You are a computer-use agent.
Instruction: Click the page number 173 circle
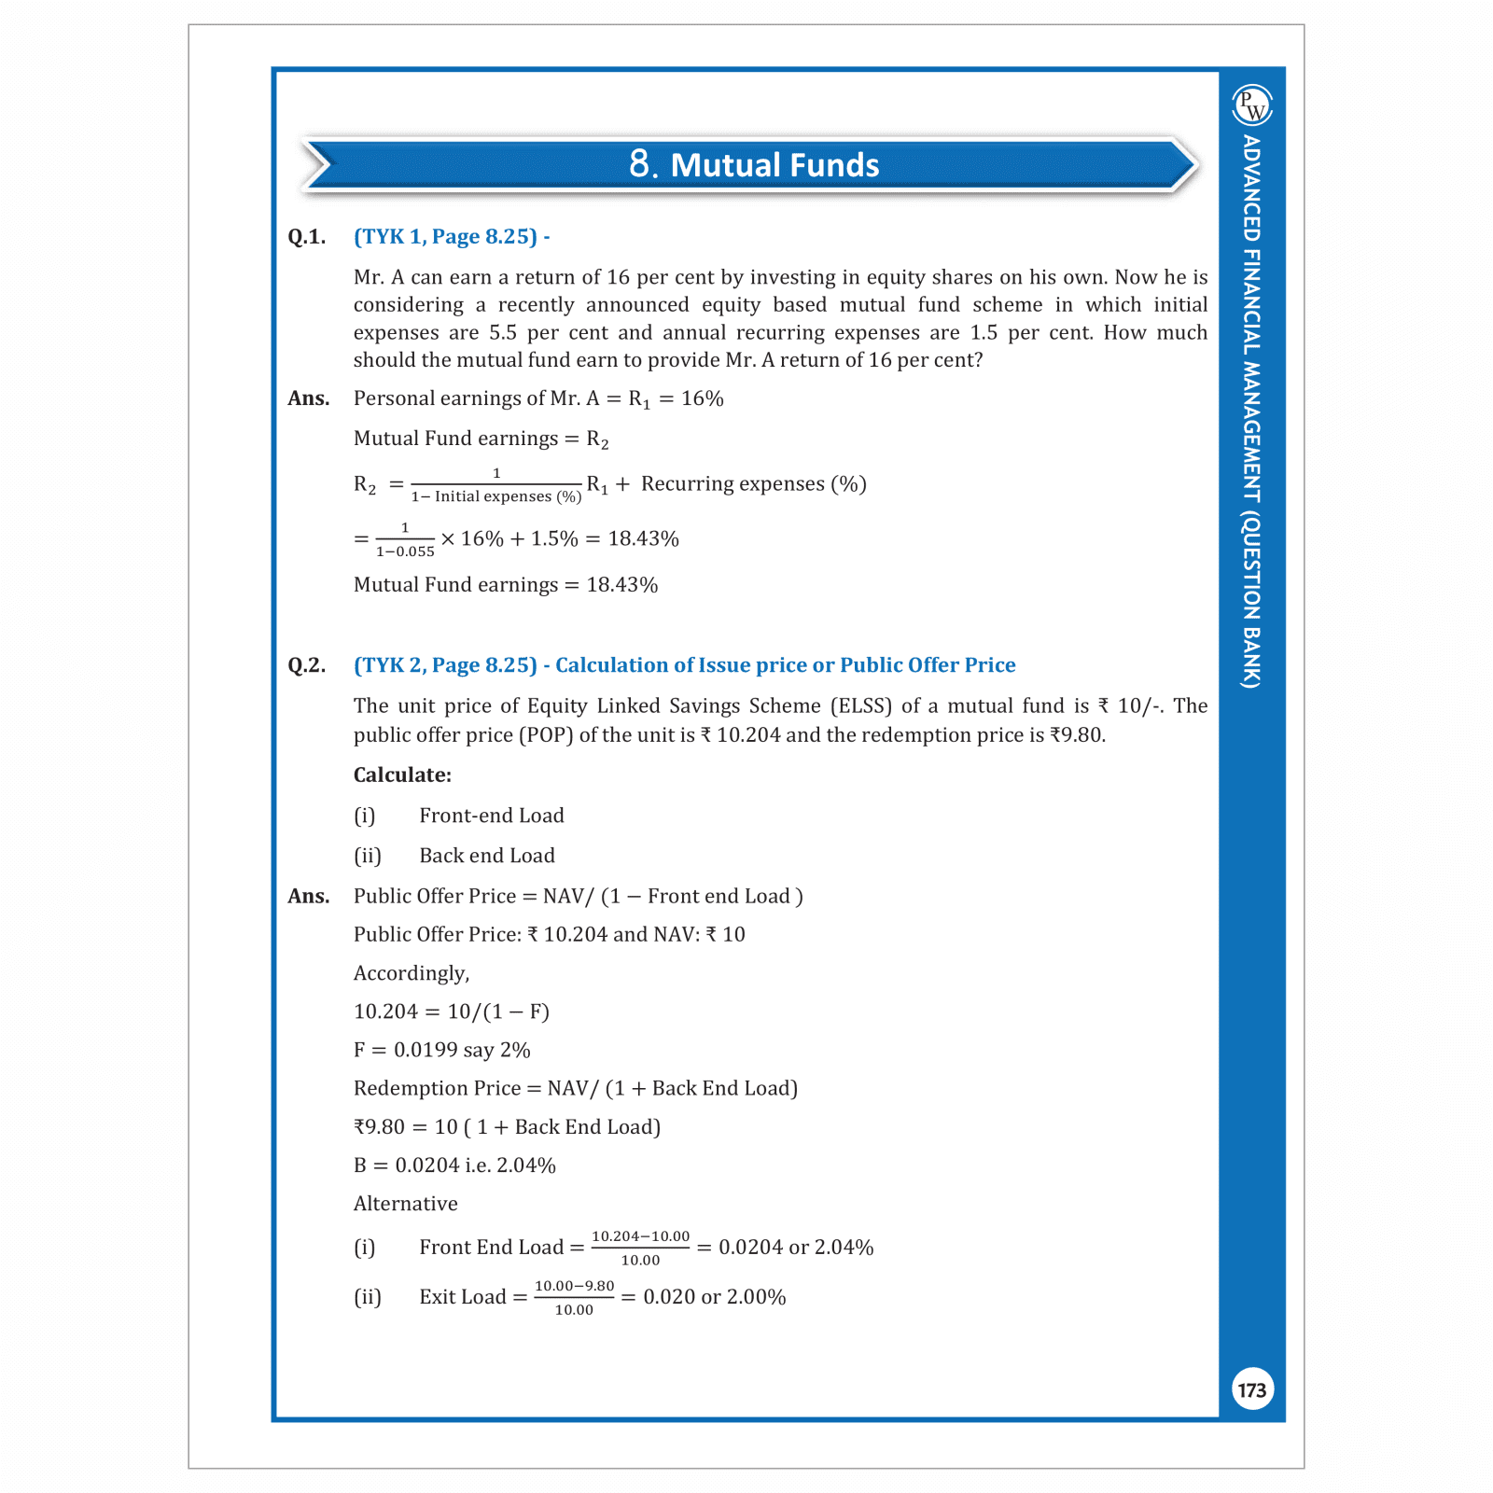[1251, 1390]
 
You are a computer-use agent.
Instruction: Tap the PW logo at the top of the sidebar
[1252, 105]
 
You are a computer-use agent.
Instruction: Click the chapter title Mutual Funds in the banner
[754, 165]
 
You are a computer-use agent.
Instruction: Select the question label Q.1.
[307, 237]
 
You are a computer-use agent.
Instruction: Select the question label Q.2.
[307, 665]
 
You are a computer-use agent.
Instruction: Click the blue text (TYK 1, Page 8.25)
[446, 237]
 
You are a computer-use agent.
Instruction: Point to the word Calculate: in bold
[402, 775]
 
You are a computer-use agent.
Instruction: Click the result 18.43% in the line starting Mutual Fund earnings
[622, 585]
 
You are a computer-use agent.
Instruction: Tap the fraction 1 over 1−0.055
[405, 539]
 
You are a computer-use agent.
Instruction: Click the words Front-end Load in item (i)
[492, 816]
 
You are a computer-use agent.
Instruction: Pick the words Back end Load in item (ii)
[487, 856]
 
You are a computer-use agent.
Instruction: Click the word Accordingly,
[412, 973]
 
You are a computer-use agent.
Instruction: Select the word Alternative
[406, 1204]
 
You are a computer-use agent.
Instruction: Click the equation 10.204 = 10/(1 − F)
[452, 1012]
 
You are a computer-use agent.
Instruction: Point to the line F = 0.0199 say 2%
[442, 1050]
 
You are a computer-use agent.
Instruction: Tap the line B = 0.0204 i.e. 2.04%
[454, 1165]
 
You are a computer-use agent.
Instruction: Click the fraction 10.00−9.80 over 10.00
[574, 1297]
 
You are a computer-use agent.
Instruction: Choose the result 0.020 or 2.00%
[715, 1297]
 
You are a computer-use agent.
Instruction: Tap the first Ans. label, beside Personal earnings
[309, 398]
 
